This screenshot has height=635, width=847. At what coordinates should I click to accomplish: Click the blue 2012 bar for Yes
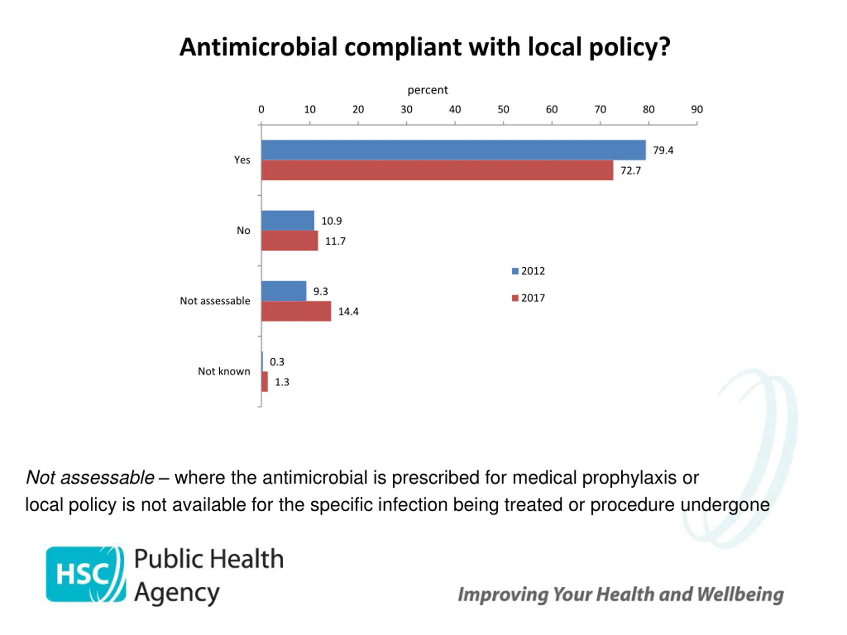pos(453,150)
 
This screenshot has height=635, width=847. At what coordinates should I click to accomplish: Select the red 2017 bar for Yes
pos(437,170)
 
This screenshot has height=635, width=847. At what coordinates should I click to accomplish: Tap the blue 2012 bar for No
pos(288,221)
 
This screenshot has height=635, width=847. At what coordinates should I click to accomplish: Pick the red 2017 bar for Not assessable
pos(296,311)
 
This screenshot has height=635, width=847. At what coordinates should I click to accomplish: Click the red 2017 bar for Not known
pos(265,382)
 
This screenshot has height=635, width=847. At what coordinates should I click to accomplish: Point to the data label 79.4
pos(663,150)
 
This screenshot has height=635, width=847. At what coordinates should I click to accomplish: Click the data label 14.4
pos(348,312)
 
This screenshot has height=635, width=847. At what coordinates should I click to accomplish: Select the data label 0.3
pos(277,362)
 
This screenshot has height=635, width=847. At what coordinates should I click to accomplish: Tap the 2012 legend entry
pos(528,271)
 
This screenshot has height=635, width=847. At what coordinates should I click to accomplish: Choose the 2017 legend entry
pos(528,298)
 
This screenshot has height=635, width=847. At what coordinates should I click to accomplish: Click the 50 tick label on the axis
pos(503,109)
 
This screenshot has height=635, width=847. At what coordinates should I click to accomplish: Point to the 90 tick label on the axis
pos(696,109)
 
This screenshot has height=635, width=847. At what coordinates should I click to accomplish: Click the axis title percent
pos(427,90)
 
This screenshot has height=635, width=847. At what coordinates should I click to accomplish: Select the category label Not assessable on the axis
pos(215,301)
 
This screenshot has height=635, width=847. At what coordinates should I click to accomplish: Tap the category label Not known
pos(224,371)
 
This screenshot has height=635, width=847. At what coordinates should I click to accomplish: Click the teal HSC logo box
pos(85,574)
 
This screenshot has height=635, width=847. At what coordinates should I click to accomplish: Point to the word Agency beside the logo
pos(177,593)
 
